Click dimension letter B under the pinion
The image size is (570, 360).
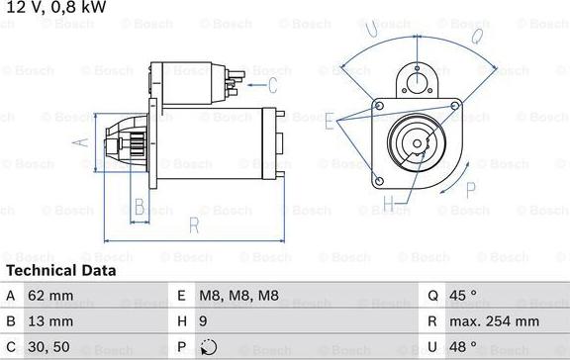pos(140,207)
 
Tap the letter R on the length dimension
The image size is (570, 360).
pos(195,225)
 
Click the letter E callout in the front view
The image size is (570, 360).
pos(329,121)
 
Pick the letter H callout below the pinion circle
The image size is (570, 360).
pos(389,205)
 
